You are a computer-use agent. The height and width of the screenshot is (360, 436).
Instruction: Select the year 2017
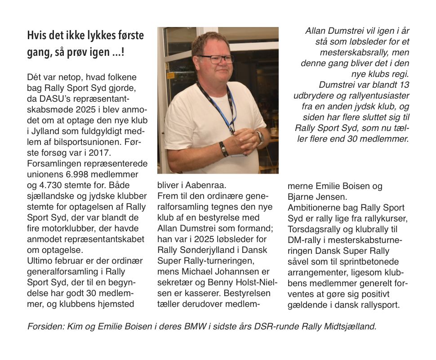[x=107, y=153]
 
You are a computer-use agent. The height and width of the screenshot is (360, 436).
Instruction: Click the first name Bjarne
[x=301, y=197]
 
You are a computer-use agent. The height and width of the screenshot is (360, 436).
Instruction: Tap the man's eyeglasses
[x=215, y=59]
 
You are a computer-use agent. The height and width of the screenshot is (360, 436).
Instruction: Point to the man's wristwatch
[x=259, y=137]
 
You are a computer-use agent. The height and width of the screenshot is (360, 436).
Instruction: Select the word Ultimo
[x=40, y=261]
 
